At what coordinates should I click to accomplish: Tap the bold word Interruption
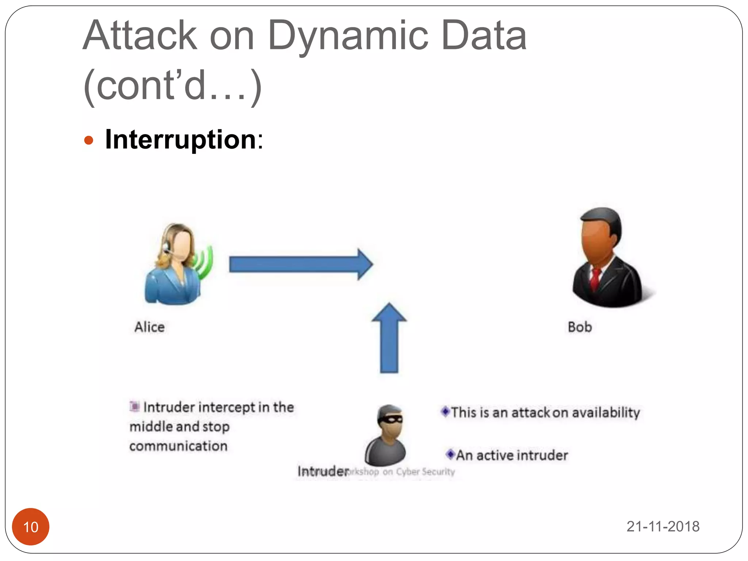tap(180, 140)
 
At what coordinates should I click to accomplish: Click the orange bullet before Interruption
tap(89, 140)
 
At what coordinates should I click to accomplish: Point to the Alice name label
tap(149, 327)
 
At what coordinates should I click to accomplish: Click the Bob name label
tap(580, 327)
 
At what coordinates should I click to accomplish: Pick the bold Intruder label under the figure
tap(323, 471)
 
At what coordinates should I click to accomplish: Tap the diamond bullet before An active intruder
tap(450, 454)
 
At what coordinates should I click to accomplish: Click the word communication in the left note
tap(178, 446)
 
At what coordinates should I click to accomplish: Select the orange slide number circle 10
tap(31, 526)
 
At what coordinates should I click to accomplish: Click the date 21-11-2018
tap(663, 526)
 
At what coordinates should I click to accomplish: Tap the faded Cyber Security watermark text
tap(425, 472)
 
